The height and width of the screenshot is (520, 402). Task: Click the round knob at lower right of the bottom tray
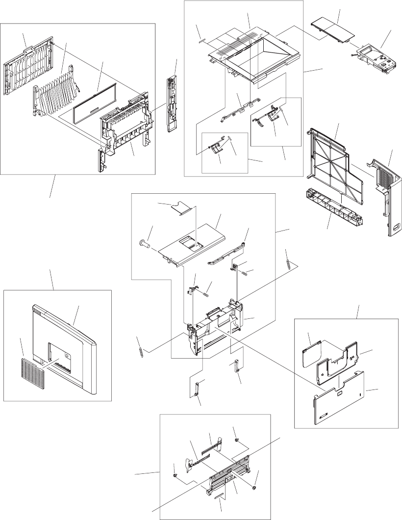tap(254, 488)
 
